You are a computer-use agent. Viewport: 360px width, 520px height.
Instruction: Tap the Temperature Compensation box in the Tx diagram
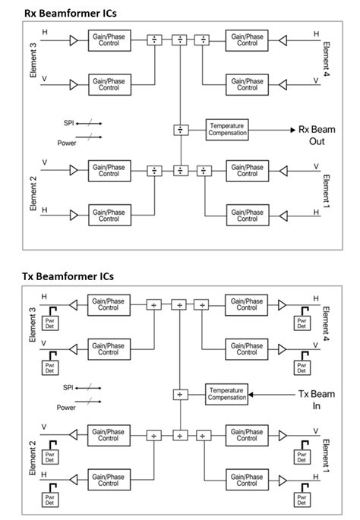click(226, 393)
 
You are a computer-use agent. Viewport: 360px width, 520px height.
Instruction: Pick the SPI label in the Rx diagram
click(70, 122)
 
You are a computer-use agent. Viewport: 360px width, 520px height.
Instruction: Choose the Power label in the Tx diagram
click(66, 407)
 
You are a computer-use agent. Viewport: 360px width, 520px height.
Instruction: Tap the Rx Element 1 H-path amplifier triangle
click(284, 216)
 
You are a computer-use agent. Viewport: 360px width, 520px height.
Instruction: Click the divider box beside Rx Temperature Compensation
click(180, 130)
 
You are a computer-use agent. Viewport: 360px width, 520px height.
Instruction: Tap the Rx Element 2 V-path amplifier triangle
click(74, 169)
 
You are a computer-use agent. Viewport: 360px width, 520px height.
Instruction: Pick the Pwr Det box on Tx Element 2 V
click(50, 455)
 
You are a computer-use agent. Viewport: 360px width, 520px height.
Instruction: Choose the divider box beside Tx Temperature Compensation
click(179, 394)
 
